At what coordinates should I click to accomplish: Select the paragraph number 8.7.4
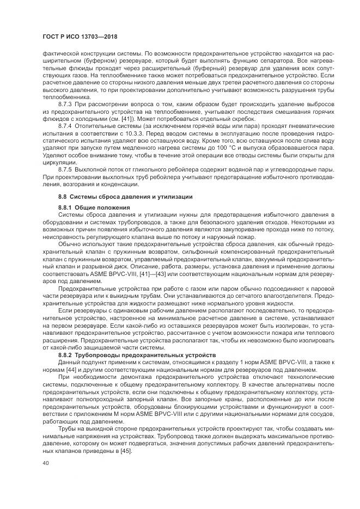[66, 125]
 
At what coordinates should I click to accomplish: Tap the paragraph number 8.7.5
[66, 170]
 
